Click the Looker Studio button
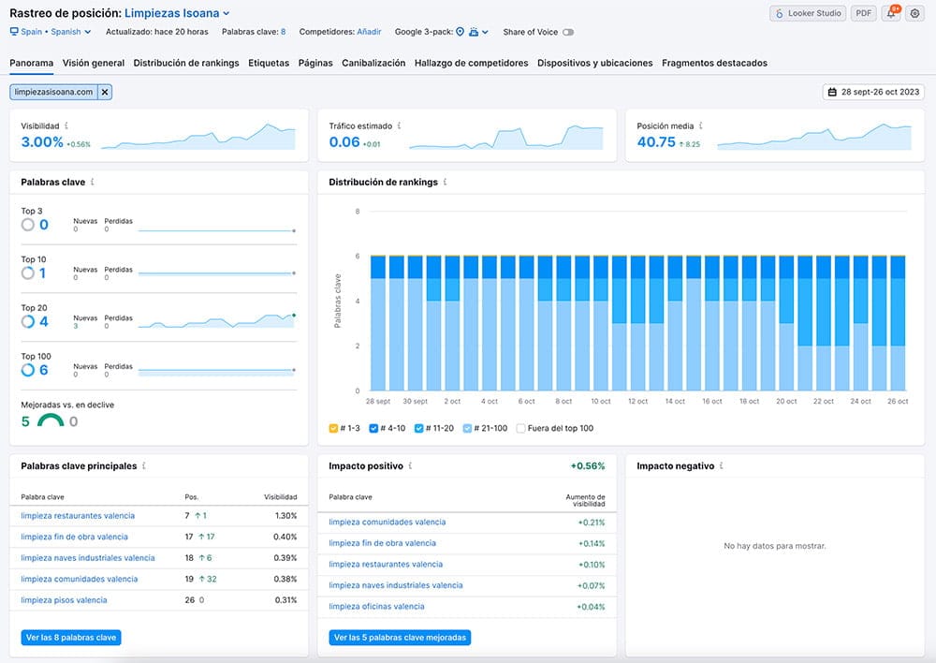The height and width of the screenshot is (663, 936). (808, 13)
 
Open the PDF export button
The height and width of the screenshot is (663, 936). (863, 13)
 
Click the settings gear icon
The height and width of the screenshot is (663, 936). (914, 13)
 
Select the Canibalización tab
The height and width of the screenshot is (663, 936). (373, 63)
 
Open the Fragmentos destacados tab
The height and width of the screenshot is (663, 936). (714, 63)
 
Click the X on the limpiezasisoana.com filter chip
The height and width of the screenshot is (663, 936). (105, 92)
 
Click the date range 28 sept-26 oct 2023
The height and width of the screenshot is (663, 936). (873, 92)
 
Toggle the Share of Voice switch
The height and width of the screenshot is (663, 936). (568, 32)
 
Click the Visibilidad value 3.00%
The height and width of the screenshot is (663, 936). (42, 142)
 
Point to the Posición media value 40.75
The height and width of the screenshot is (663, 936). (656, 142)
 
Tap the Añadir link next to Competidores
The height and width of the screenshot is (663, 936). (369, 32)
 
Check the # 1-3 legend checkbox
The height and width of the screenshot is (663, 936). (333, 428)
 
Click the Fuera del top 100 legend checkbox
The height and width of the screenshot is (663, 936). (520, 428)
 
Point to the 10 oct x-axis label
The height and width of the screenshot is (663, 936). (601, 402)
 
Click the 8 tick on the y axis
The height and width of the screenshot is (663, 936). (358, 212)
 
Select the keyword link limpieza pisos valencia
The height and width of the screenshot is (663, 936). (64, 600)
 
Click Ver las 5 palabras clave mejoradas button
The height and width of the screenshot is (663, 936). (400, 638)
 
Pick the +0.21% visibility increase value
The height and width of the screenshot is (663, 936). (591, 523)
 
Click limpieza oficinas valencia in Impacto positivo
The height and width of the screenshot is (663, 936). (376, 606)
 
